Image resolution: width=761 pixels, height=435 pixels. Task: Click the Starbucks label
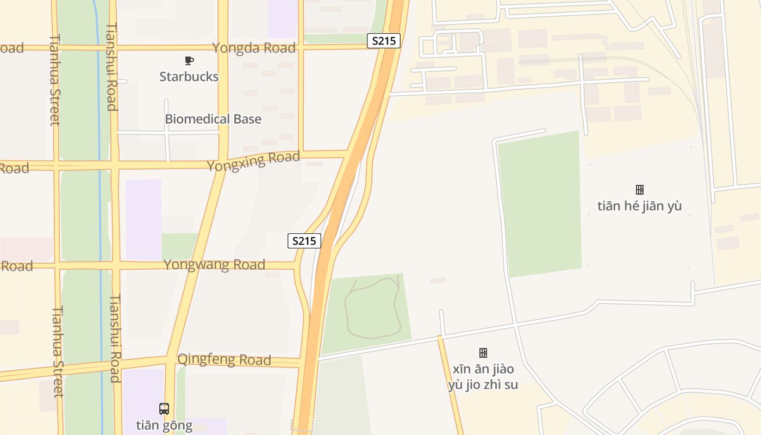(189, 77)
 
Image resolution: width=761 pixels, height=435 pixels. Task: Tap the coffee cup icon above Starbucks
(189, 60)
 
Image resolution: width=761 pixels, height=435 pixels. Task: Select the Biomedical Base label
(213, 119)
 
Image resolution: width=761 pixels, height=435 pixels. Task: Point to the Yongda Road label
(254, 48)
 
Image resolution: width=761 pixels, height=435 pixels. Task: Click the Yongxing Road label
(253, 161)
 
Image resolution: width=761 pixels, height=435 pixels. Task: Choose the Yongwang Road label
(214, 265)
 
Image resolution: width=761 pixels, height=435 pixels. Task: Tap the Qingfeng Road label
(224, 359)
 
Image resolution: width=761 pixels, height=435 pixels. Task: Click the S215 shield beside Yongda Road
(384, 41)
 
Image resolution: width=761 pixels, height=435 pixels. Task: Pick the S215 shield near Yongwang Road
(304, 241)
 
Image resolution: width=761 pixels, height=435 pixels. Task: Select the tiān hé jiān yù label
(639, 206)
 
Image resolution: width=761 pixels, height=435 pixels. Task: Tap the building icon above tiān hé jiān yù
(640, 190)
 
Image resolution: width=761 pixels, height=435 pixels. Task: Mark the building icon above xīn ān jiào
(483, 353)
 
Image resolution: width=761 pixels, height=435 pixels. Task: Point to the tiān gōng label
(164, 425)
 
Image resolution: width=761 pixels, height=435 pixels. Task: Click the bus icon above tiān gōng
(164, 409)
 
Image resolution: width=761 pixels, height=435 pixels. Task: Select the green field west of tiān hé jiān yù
(540, 204)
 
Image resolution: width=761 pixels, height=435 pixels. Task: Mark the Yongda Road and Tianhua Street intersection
(54, 47)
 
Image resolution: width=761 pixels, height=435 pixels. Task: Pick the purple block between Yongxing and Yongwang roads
(144, 219)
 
